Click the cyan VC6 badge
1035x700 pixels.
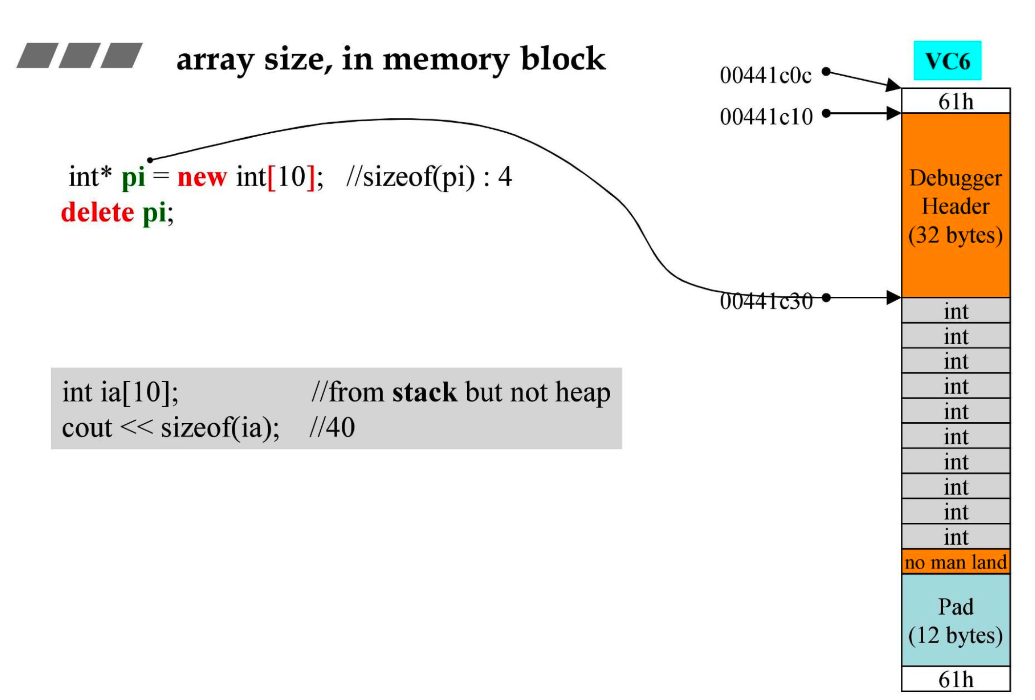coord(947,61)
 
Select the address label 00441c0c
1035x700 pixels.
coord(765,76)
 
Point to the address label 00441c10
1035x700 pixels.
coord(766,117)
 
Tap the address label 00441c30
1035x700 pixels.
coord(766,302)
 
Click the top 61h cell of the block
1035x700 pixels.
coord(955,102)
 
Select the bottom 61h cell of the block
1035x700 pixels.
coord(955,679)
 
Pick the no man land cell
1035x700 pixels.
coord(955,562)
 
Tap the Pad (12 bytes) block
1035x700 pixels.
coord(955,620)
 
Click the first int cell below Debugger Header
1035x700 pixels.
coord(955,311)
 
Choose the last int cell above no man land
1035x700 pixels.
coord(955,536)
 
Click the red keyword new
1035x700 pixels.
coord(202,177)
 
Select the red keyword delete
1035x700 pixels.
coord(97,212)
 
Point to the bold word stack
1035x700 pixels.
coord(424,392)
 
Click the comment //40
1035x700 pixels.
coord(332,428)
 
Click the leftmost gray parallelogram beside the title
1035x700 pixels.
coord(38,55)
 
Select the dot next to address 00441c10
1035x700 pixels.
coord(826,113)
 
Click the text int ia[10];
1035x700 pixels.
coord(120,392)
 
